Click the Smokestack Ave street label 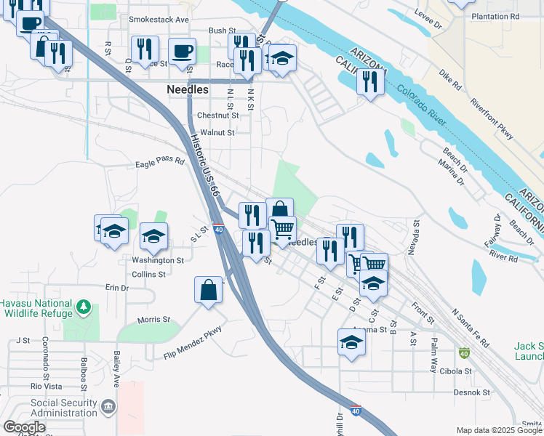click(159, 20)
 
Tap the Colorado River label click(422, 109)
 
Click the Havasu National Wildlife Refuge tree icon click(84, 308)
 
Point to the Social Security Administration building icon click(108, 405)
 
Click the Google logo click(24, 427)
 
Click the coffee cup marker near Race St click(182, 52)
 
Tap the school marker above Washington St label click(153, 235)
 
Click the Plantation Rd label click(495, 16)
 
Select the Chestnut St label click(217, 116)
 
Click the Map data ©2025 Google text click(498, 430)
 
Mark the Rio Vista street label click(47, 386)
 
